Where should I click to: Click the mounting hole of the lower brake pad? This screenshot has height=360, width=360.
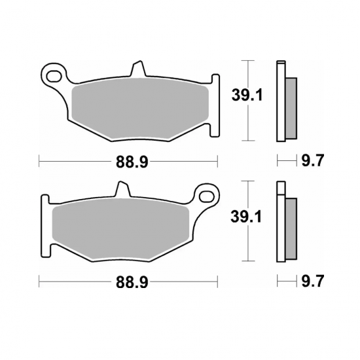207,195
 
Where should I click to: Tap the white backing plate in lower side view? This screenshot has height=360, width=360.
281,223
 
